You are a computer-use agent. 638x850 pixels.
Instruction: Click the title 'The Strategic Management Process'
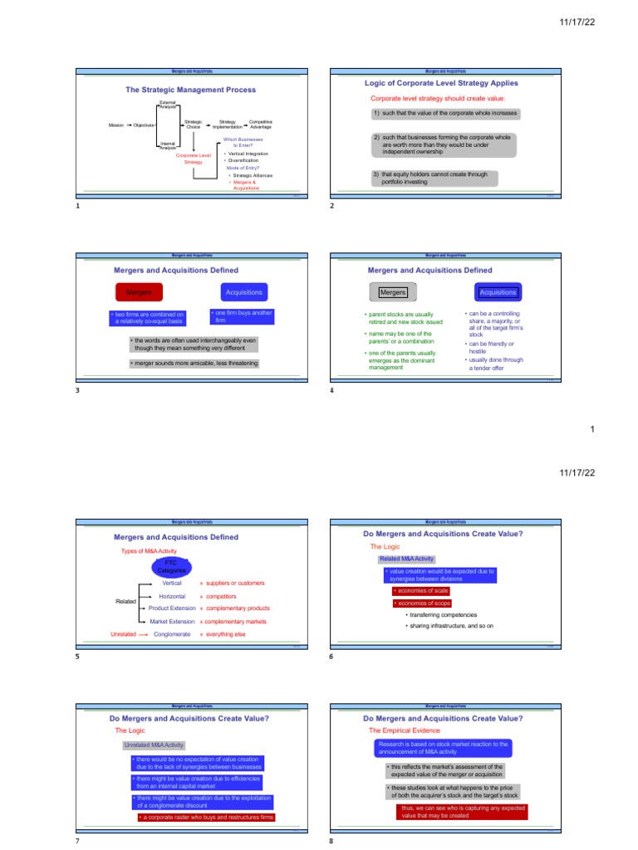coord(190,90)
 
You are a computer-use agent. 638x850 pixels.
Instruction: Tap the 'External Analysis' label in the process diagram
coord(168,105)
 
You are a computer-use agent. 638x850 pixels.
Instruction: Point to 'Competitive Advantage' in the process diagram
coord(260,124)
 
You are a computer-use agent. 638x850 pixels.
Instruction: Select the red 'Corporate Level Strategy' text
coord(193,159)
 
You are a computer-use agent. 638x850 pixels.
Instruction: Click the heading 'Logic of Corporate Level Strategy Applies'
coord(441,83)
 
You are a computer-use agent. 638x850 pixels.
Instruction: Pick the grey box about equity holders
coord(434,178)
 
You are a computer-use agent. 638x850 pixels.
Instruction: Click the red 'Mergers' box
coord(139,292)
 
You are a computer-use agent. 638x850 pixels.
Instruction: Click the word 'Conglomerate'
coord(172,634)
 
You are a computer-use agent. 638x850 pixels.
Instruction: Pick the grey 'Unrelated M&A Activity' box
coord(155,745)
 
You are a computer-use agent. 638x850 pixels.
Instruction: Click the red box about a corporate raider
coord(206,818)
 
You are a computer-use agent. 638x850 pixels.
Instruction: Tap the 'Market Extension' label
coord(172,621)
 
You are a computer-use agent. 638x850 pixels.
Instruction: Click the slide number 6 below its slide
coord(331,657)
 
